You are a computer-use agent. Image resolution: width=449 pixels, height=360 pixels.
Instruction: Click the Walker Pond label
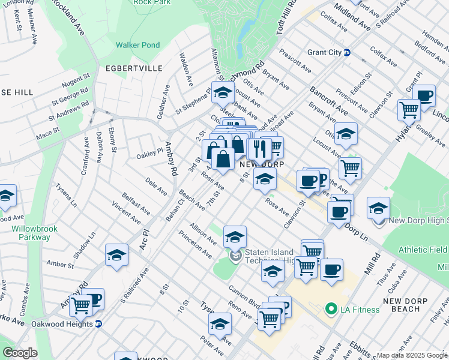(137, 45)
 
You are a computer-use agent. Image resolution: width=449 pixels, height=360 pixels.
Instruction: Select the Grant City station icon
(347, 52)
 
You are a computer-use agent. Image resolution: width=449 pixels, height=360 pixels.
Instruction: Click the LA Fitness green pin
(330, 310)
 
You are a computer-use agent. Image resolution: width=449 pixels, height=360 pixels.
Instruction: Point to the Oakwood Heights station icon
(98, 323)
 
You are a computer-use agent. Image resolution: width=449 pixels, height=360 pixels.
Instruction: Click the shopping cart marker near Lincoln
(409, 110)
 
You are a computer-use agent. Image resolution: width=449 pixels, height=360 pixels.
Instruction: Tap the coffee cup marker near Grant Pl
(425, 95)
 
